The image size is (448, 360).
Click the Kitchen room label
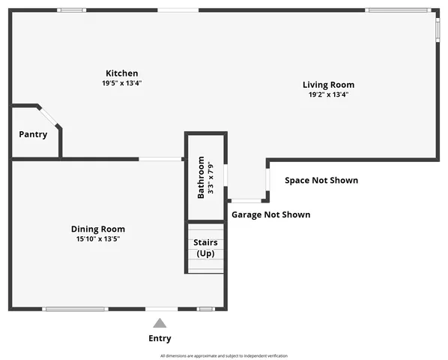pos(121,73)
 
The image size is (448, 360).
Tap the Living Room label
pos(328,85)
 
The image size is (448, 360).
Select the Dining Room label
pos(97,229)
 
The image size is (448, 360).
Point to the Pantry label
pos(33,134)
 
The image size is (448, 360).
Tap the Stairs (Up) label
pos(205,248)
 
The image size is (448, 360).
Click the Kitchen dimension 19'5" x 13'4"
pos(121,83)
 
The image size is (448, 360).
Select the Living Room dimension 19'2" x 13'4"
pos(328,95)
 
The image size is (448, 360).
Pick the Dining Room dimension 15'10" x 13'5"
pos(97,239)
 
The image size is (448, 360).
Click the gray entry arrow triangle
pos(160,323)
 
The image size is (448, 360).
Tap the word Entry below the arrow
pos(160,338)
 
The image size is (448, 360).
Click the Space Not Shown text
pos(321,180)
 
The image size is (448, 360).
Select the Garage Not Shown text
pos(270,214)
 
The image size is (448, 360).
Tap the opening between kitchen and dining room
pos(160,158)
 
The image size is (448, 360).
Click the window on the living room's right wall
pos(438,27)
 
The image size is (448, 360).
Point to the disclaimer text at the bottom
pos(223,355)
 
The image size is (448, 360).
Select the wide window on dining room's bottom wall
pos(74,309)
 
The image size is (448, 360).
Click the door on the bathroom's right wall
pos(225,177)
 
